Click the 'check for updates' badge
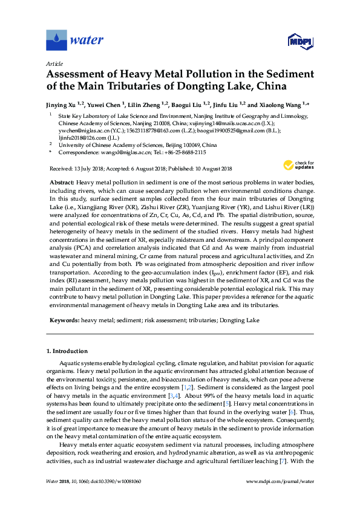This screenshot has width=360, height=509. [x=304, y=164]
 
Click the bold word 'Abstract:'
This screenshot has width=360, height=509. [x=62, y=182]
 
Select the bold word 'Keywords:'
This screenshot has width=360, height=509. [x=64, y=319]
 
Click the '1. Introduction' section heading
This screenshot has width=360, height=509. [x=71, y=351]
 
